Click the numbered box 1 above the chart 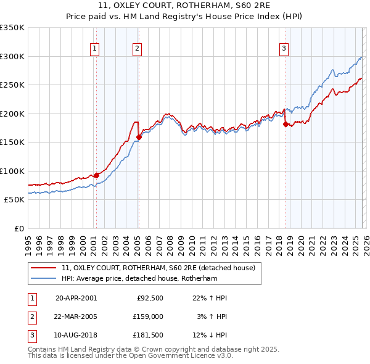click(x=96, y=49)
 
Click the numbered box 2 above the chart click(x=137, y=49)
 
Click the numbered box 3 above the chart click(x=284, y=49)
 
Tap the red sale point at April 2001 click(x=96, y=175)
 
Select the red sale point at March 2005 click(x=139, y=138)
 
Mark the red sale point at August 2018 click(x=286, y=124)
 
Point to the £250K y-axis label click(x=12, y=85)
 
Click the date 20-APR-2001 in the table click(x=76, y=298)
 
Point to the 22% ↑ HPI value click(x=210, y=298)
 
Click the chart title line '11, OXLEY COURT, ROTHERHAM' click(x=185, y=7)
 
